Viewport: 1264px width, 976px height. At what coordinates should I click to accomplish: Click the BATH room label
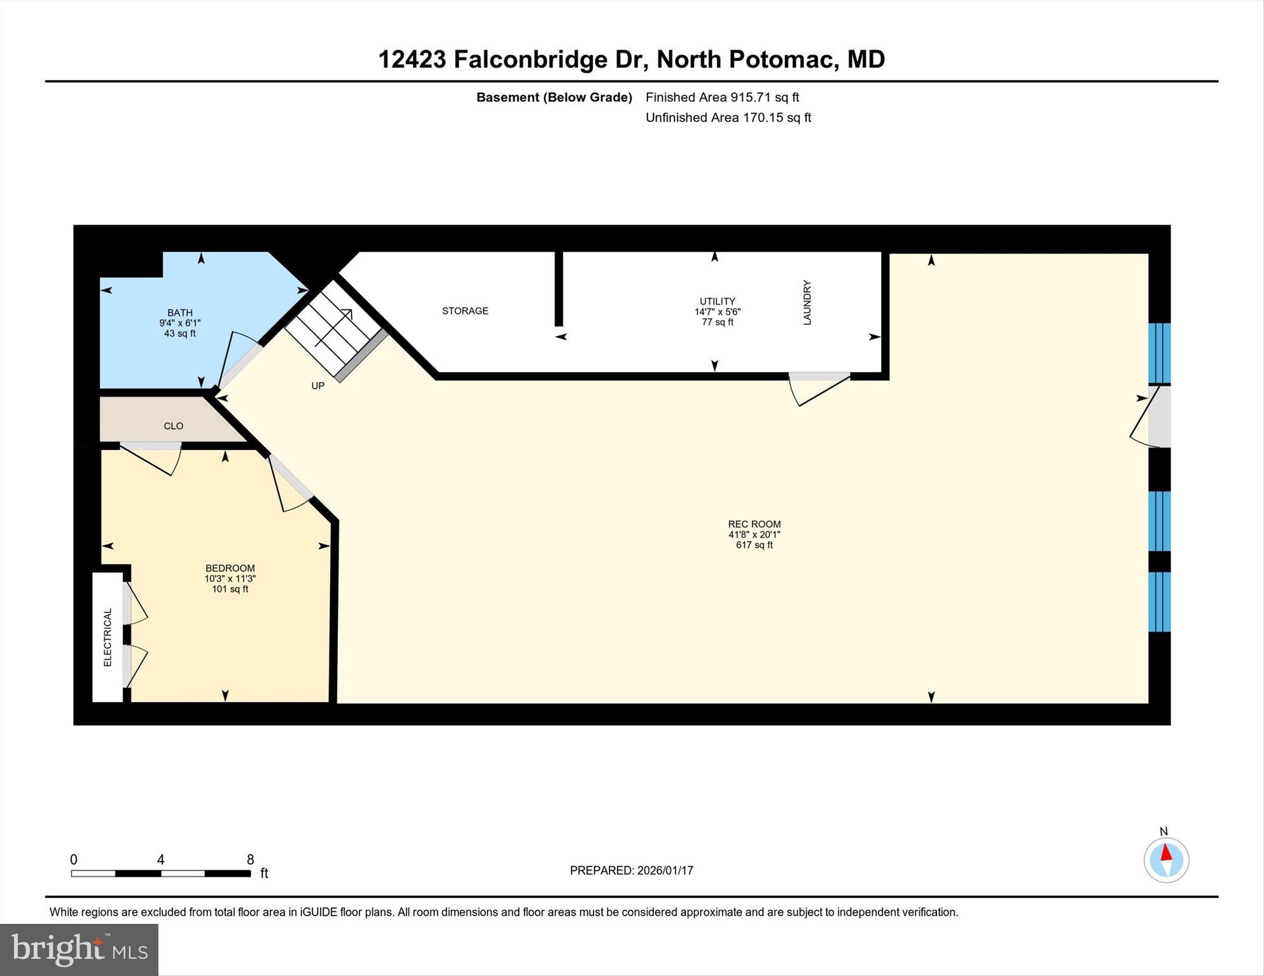tap(180, 312)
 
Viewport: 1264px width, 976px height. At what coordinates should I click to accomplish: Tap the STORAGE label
tap(465, 311)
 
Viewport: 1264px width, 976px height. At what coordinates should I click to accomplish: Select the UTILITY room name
tap(717, 301)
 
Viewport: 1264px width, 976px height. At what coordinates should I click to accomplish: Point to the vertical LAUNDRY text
tap(807, 303)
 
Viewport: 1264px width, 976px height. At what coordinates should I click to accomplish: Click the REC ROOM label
tap(754, 524)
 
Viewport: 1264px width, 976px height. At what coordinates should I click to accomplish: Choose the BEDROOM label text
tap(230, 568)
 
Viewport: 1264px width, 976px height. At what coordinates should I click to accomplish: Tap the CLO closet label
tap(173, 426)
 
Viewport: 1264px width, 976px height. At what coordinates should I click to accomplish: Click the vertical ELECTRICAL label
tap(108, 637)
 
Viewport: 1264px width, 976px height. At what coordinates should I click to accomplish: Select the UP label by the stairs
tap(317, 386)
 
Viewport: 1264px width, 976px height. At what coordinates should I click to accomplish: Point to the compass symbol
tap(1166, 860)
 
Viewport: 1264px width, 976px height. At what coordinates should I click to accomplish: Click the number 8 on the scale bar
tap(251, 860)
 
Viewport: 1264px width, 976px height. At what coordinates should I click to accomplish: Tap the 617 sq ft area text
tap(754, 545)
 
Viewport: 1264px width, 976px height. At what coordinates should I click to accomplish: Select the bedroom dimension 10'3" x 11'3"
tap(230, 579)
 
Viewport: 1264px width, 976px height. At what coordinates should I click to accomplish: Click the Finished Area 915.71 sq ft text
tap(722, 97)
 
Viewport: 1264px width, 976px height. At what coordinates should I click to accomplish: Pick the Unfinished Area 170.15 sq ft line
tap(728, 118)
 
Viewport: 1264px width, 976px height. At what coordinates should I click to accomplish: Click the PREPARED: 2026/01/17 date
tap(631, 870)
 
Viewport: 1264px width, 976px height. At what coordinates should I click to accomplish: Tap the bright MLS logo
tap(79, 949)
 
